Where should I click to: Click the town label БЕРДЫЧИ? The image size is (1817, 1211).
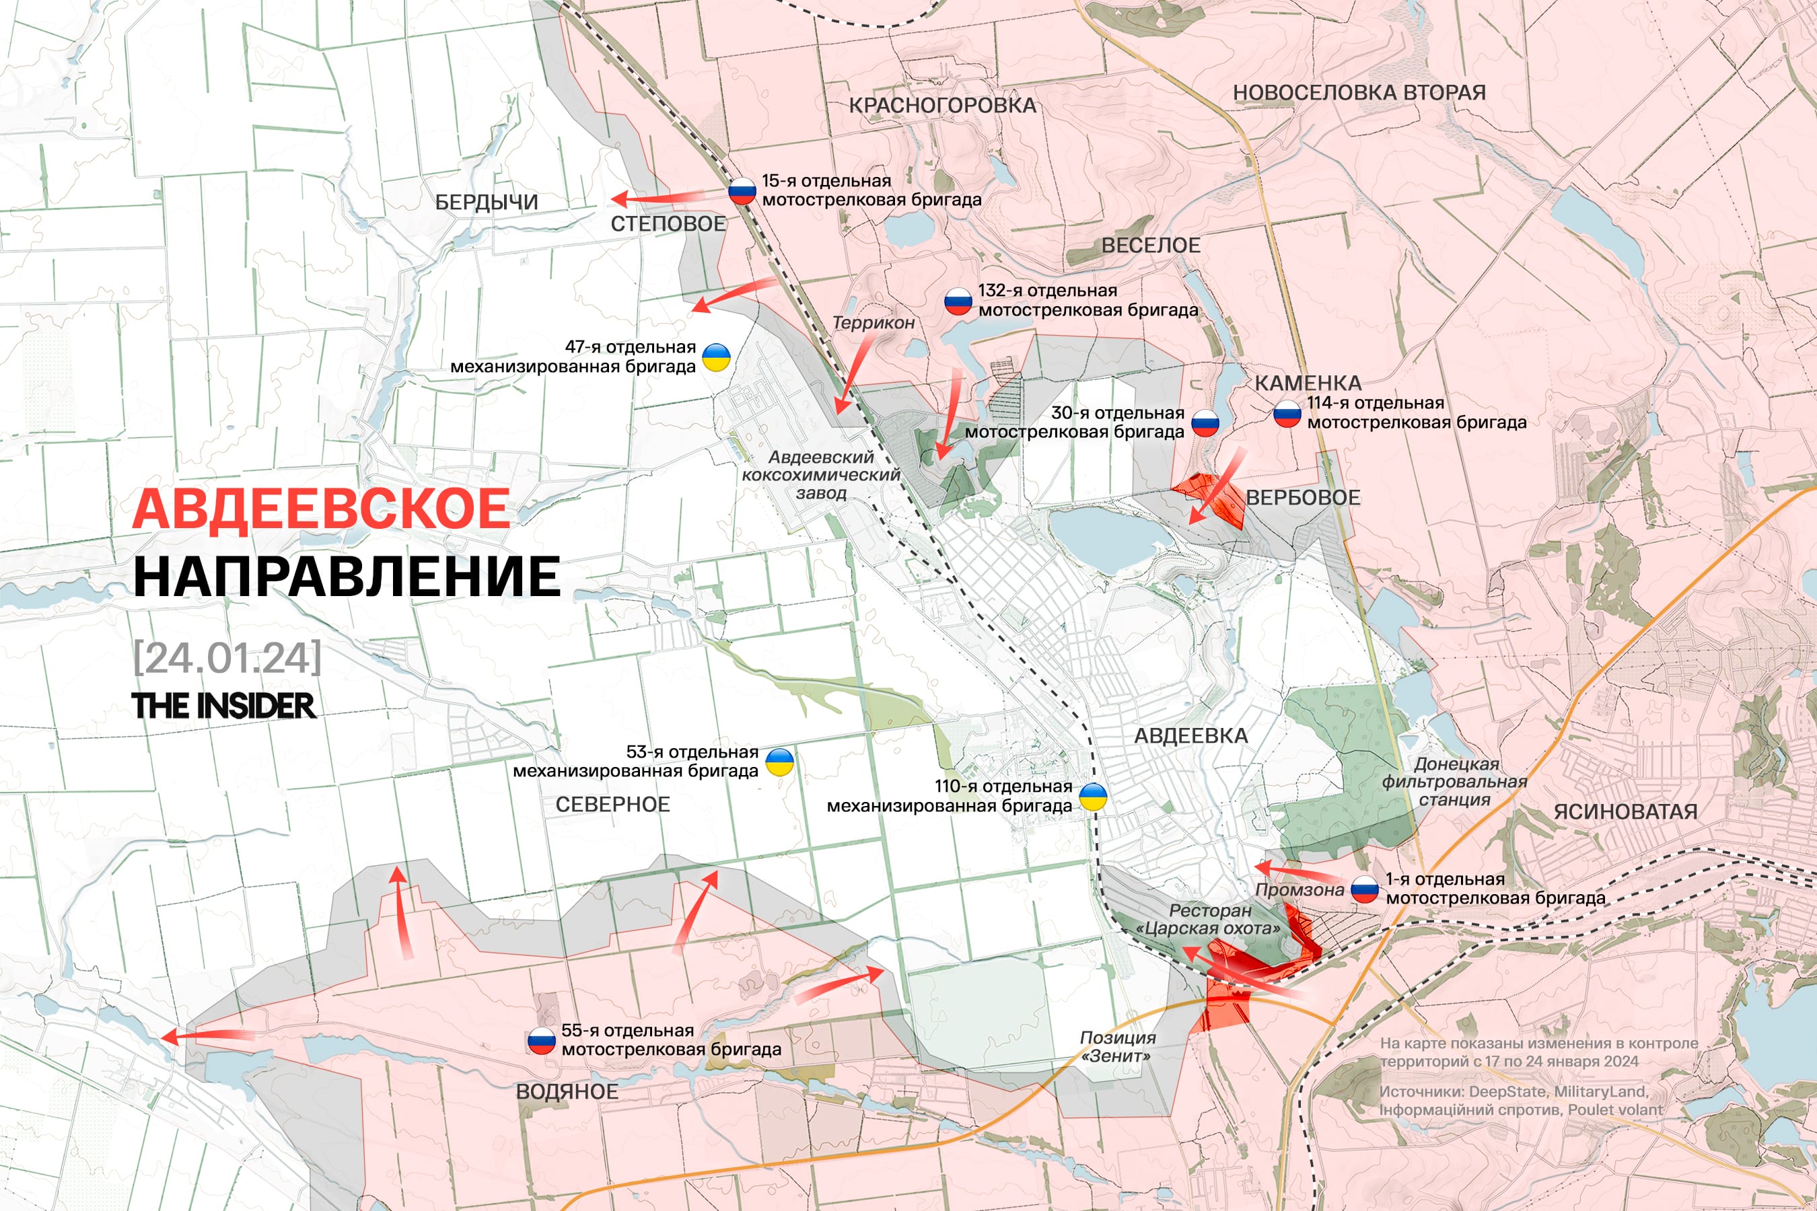[486, 203]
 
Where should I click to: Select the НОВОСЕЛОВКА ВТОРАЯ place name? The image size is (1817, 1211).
[1359, 92]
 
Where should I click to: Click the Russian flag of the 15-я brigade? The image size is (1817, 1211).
[742, 191]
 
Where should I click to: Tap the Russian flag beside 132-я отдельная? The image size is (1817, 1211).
[958, 301]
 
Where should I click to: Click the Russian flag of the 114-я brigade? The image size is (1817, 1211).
[1287, 413]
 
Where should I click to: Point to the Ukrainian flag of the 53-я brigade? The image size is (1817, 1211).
[779, 762]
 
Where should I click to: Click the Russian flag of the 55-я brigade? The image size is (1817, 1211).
[541, 1040]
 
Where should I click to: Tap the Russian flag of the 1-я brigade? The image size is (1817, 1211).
[1364, 889]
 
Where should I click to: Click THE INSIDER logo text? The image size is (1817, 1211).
[223, 705]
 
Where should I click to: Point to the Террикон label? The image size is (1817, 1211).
[873, 323]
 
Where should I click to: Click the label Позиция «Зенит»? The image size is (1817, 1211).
[1117, 1046]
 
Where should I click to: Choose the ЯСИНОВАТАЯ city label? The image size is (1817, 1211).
[1625, 812]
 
